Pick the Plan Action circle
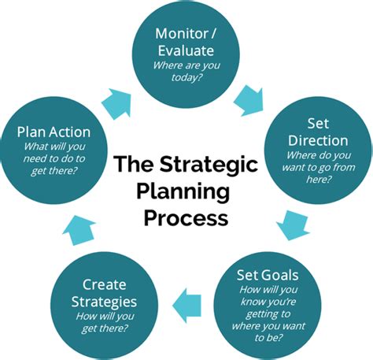[x=54, y=149]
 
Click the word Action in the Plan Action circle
[x=69, y=132]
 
